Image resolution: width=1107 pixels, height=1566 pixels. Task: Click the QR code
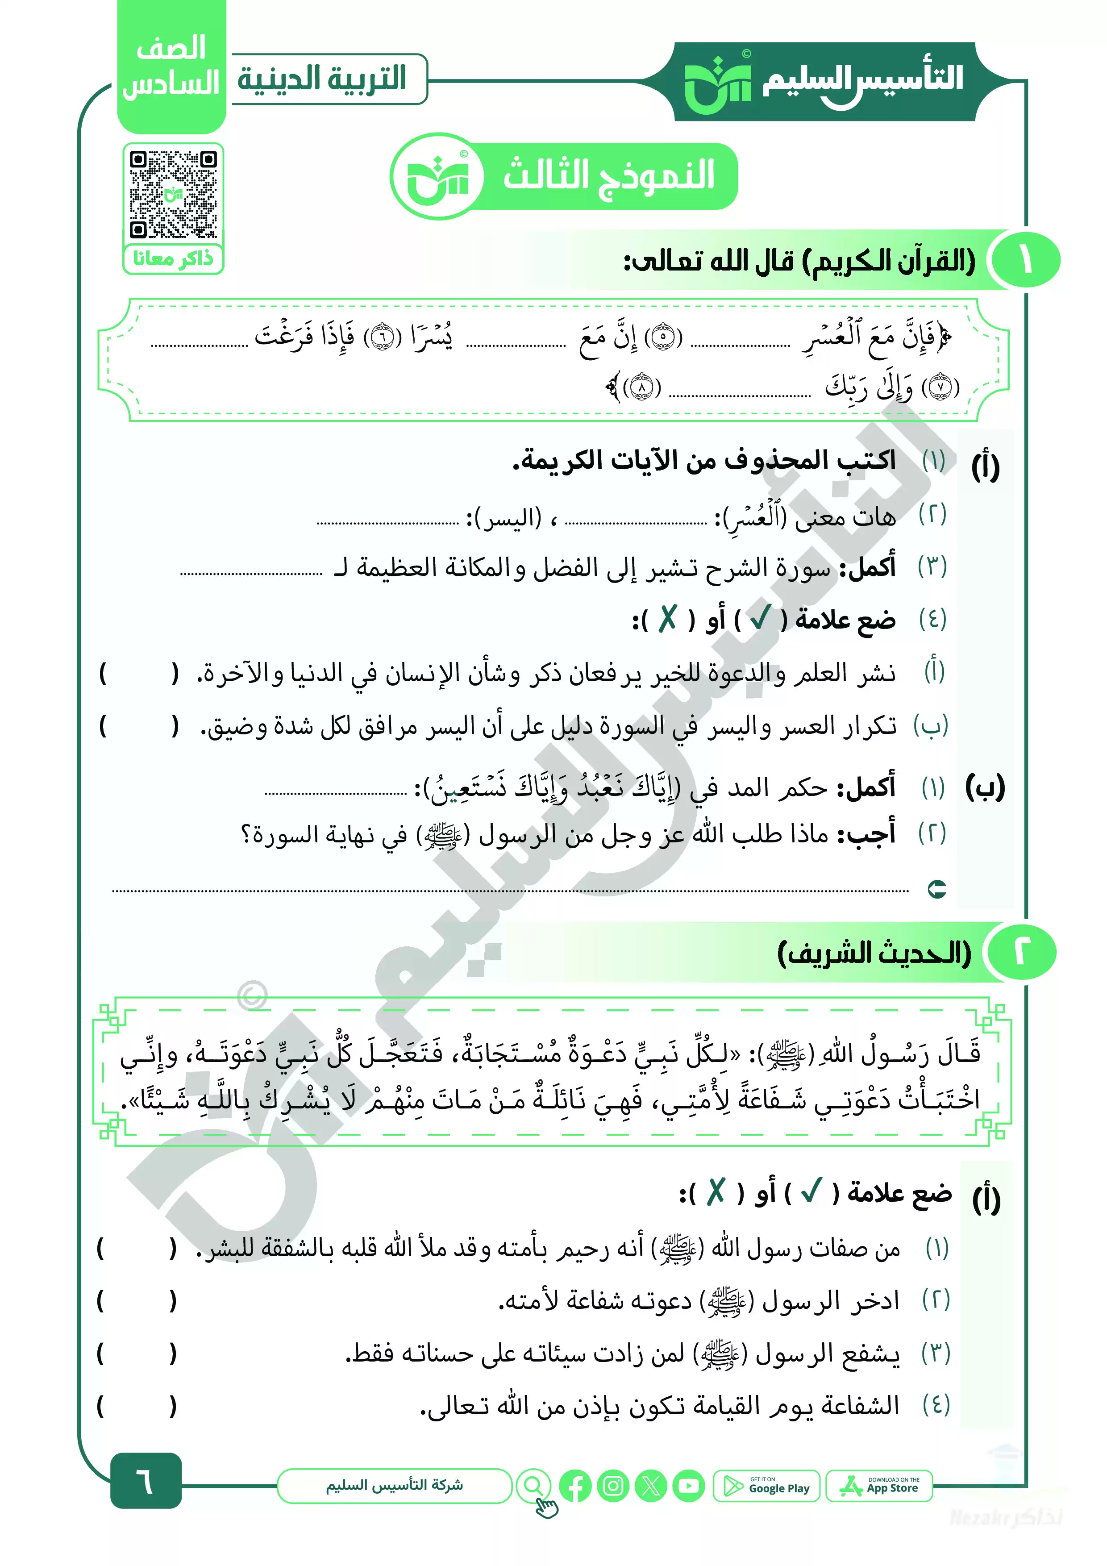(173, 194)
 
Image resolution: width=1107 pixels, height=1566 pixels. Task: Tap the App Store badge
(879, 1486)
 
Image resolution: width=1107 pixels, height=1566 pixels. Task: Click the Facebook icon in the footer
(575, 1486)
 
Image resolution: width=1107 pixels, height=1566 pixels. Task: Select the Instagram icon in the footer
(612, 1486)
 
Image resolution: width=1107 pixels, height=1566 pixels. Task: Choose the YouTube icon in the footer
(689, 1486)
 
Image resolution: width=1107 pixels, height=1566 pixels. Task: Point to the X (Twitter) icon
(651, 1486)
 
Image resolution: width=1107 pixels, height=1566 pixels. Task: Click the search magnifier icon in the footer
(533, 1486)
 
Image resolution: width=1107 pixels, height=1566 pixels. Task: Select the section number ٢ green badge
(1021, 952)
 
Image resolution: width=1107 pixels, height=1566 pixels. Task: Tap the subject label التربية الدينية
(322, 79)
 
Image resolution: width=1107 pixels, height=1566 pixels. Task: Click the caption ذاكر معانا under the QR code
(173, 259)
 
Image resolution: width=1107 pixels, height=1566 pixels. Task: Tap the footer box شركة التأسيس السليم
(394, 1486)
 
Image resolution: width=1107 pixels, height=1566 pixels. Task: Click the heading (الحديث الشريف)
(874, 953)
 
